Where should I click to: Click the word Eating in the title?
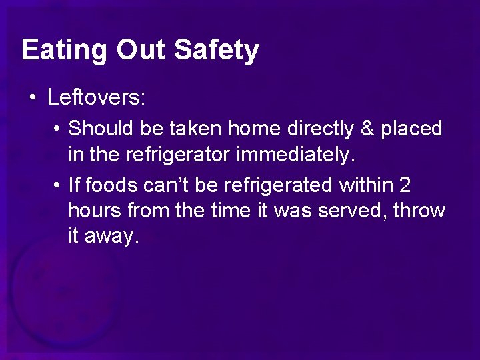tap(64, 51)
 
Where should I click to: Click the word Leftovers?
tap(96, 99)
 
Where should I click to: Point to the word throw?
tap(419, 211)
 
